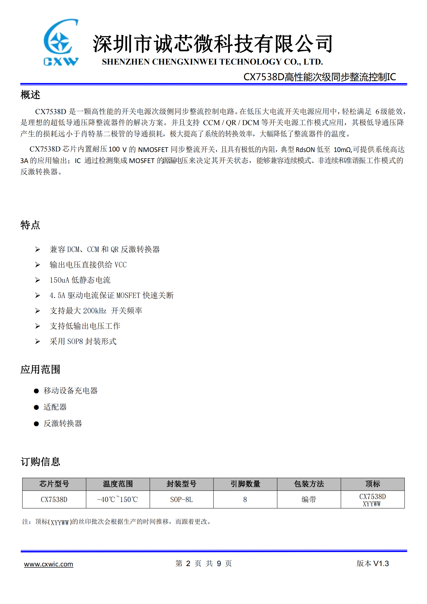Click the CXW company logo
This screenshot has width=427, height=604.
pyautogui.click(x=61, y=42)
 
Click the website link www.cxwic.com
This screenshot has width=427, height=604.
pyautogui.click(x=48, y=564)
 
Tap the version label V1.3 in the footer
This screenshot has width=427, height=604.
pyautogui.click(x=381, y=563)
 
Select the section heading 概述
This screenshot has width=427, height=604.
pyautogui.click(x=30, y=95)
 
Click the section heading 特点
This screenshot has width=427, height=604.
pyautogui.click(x=30, y=225)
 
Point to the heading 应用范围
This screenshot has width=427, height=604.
pyautogui.click(x=40, y=369)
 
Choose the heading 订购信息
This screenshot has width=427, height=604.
pyautogui.click(x=40, y=462)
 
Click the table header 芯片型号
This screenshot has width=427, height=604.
pyautogui.click(x=54, y=484)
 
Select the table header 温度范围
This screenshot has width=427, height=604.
pyautogui.click(x=118, y=484)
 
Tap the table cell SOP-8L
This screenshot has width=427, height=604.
pyautogui.click(x=182, y=499)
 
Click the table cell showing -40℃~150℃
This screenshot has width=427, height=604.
pyautogui.click(x=118, y=499)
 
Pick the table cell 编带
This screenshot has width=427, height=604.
pyautogui.click(x=309, y=499)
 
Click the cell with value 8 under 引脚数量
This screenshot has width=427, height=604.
pyautogui.click(x=245, y=499)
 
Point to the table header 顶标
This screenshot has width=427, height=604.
pyautogui.click(x=373, y=484)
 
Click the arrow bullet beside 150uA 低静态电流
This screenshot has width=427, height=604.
pyautogui.click(x=38, y=280)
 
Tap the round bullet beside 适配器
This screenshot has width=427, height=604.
pyautogui.click(x=36, y=407)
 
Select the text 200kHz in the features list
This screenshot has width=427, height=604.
pyautogui.click(x=95, y=311)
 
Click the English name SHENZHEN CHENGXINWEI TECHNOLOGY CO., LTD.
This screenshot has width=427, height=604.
pyautogui.click(x=212, y=62)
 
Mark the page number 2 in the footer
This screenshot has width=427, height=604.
pyautogui.click(x=188, y=563)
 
